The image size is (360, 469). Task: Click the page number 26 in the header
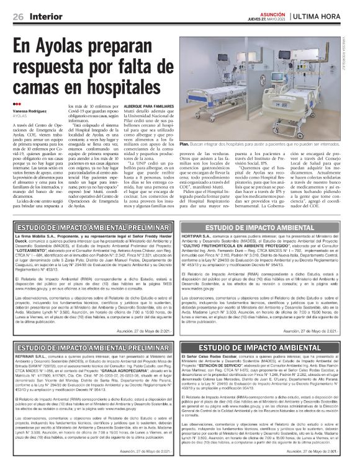tap(18, 15)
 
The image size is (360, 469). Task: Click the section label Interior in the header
tap(42, 15)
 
